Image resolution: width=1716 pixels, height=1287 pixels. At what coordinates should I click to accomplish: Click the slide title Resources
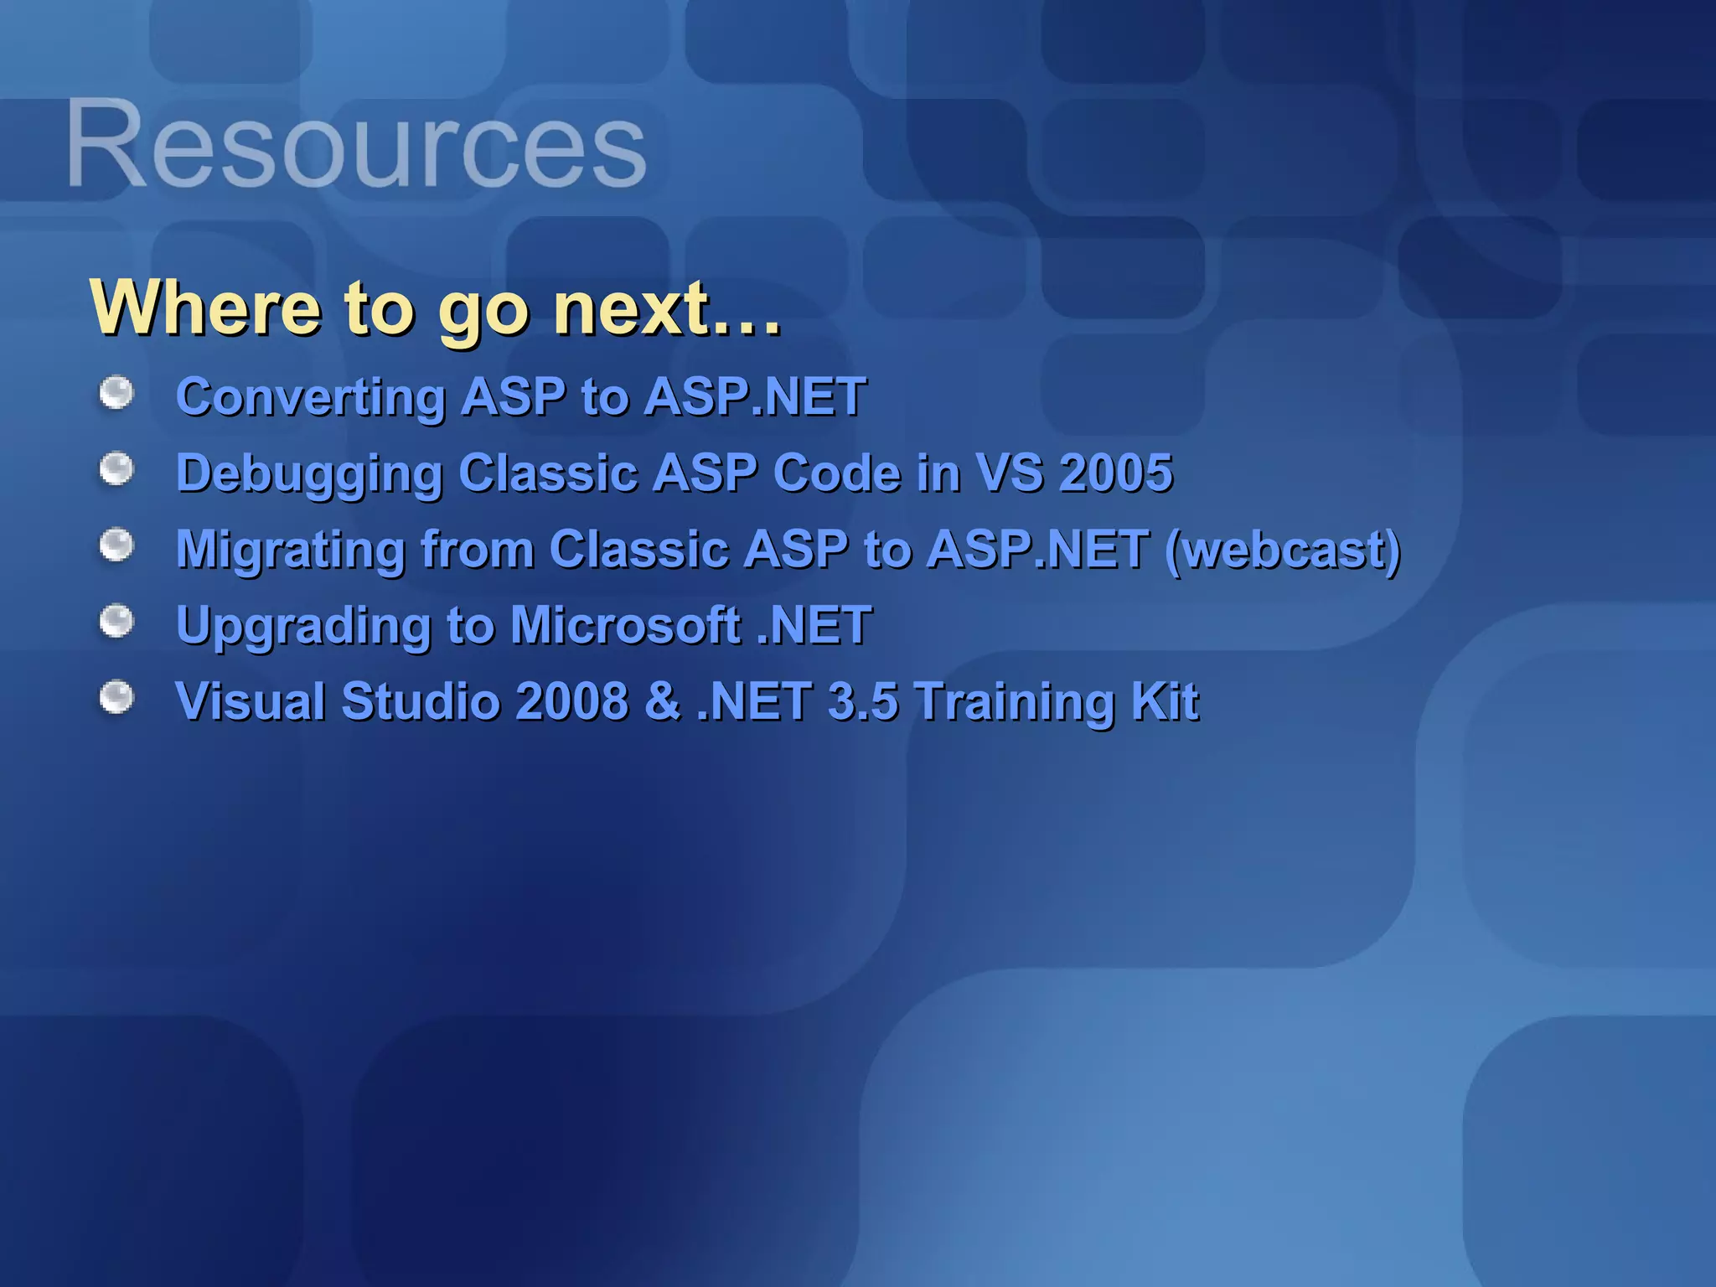tap(356, 144)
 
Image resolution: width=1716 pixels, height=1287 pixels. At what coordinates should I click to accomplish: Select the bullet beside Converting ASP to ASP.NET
tap(116, 393)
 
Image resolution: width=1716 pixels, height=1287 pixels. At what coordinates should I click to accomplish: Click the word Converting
tap(311, 397)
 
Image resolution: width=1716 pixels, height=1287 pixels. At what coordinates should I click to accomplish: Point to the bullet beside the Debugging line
tap(116, 469)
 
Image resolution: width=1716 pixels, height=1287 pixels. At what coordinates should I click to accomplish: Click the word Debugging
tap(309, 474)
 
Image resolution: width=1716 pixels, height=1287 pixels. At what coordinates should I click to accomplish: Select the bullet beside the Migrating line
tap(116, 545)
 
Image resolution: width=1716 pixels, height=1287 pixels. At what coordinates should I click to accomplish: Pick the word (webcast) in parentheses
tap(1283, 550)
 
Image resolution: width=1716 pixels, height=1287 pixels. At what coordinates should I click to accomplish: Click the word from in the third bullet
tap(477, 550)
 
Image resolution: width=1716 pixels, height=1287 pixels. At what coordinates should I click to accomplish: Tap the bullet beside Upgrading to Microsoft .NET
tap(116, 622)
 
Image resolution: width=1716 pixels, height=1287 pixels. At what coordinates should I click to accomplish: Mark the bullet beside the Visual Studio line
tap(116, 697)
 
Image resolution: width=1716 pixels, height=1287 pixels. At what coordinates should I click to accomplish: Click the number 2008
tap(571, 701)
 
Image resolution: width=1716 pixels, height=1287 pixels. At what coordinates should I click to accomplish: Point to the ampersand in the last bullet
tap(663, 701)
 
